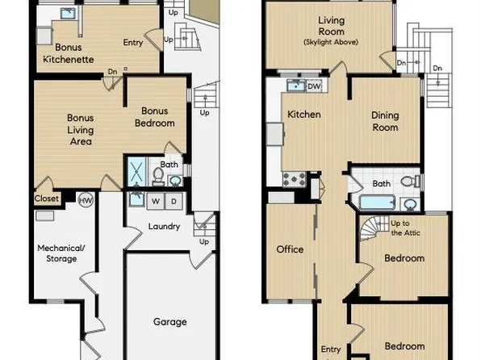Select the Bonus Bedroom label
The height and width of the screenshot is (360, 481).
point(157,117)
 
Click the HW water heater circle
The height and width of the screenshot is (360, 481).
point(86,199)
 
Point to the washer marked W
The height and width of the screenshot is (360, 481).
point(156,200)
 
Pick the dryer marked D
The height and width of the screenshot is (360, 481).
point(174,200)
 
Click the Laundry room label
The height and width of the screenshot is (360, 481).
point(164,227)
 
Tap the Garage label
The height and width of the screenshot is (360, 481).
point(169,321)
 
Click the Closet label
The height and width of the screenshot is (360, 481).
point(46,198)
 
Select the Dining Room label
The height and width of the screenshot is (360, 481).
point(385,121)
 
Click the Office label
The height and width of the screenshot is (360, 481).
point(290,249)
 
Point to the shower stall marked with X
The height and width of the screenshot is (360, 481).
point(136,172)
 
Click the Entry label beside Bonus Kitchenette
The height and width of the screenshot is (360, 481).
point(133,43)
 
